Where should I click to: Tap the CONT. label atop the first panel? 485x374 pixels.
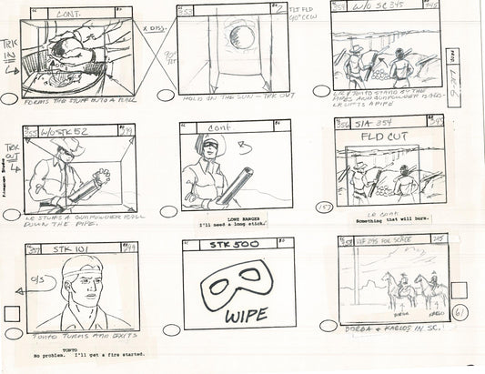tap(72, 14)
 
